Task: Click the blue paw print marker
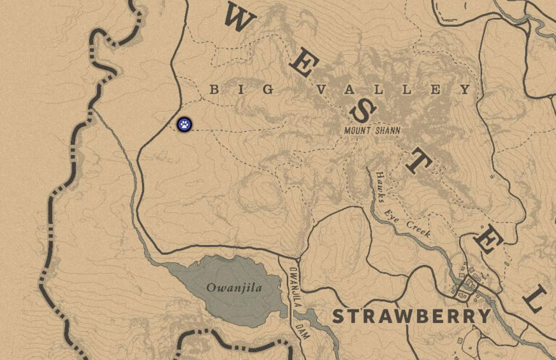tap(185, 124)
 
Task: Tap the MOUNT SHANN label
tap(372, 130)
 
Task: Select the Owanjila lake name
tap(233, 288)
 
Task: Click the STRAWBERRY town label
tap(411, 317)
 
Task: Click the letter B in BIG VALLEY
tap(214, 89)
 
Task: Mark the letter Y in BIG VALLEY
tap(466, 89)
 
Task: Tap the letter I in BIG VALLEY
tap(241, 89)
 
